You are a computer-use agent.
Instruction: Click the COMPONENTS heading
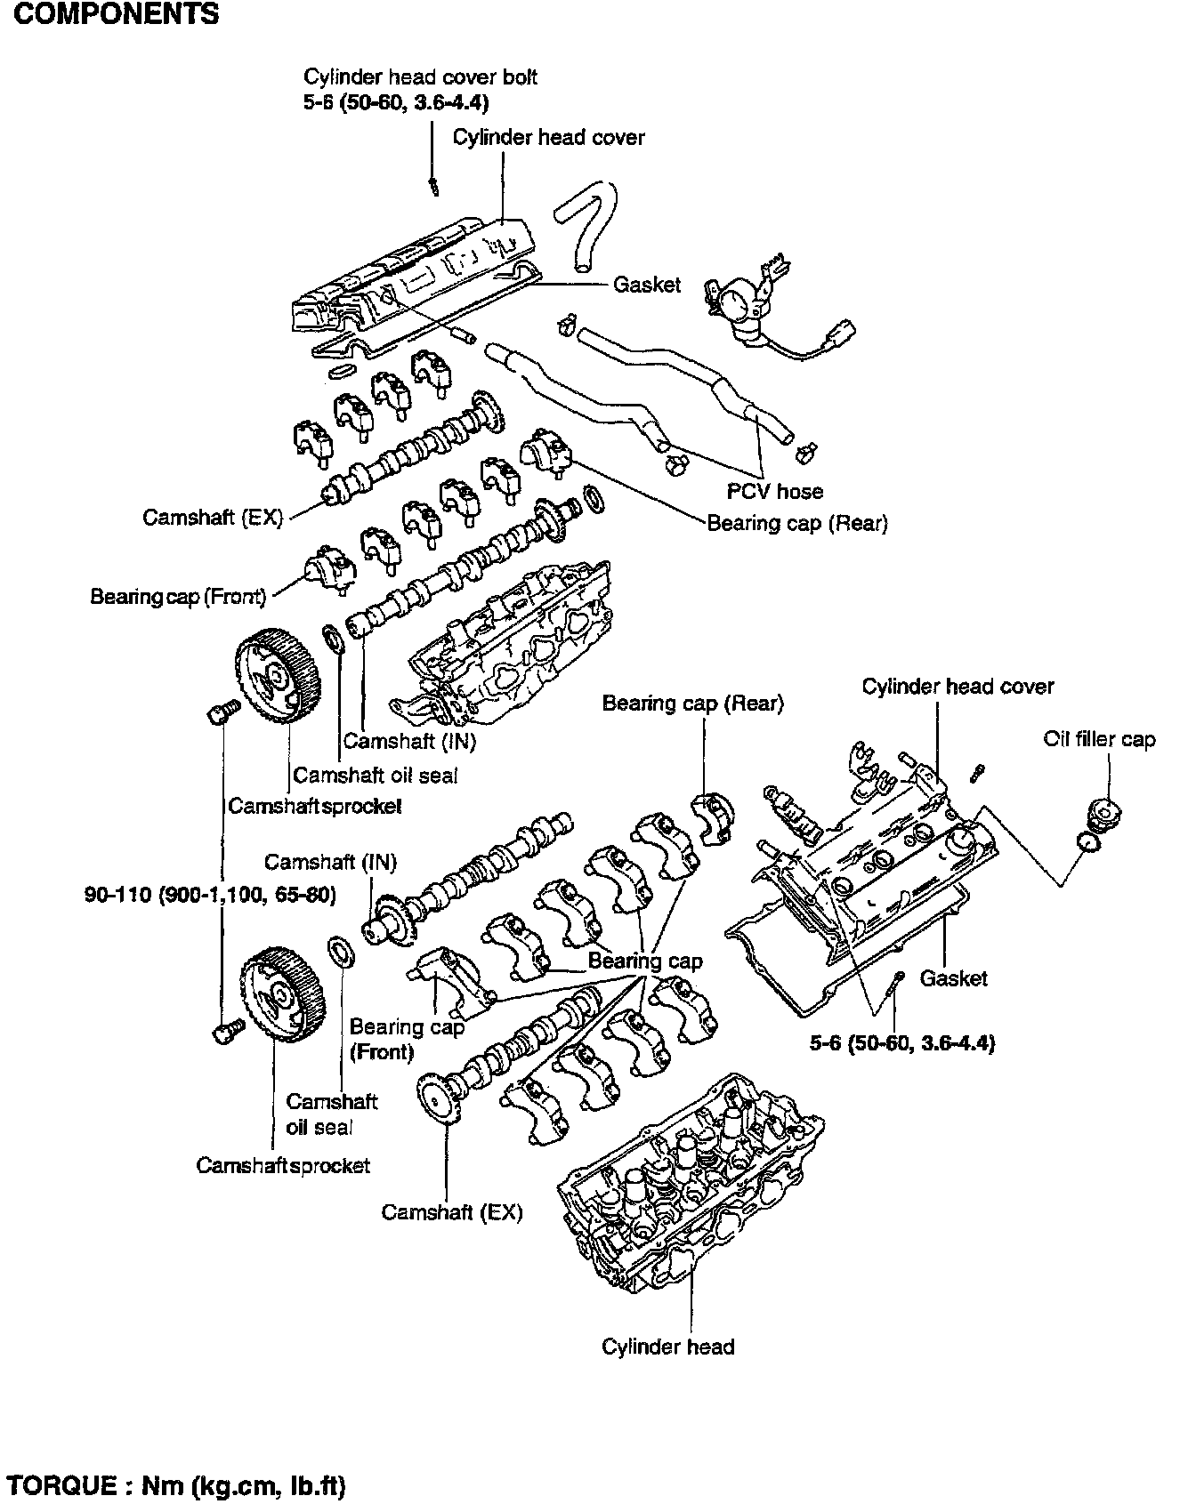point(115,14)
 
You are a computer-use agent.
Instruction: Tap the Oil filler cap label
point(1099,739)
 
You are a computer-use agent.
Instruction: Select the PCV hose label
point(774,491)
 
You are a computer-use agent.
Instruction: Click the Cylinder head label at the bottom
point(667,1347)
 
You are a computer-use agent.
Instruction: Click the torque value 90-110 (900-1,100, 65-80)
point(210,894)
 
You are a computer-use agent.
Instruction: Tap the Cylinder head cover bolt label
point(420,76)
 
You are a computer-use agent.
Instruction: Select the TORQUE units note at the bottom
point(175,1485)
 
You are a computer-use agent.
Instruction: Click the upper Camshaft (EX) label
point(212,517)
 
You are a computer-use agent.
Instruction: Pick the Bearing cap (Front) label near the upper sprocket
point(178,596)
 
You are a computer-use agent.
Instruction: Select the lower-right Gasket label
point(953,978)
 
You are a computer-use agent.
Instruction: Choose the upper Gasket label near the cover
point(646,285)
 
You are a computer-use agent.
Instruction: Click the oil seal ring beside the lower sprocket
point(341,950)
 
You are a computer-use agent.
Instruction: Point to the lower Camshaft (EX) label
point(452,1211)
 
